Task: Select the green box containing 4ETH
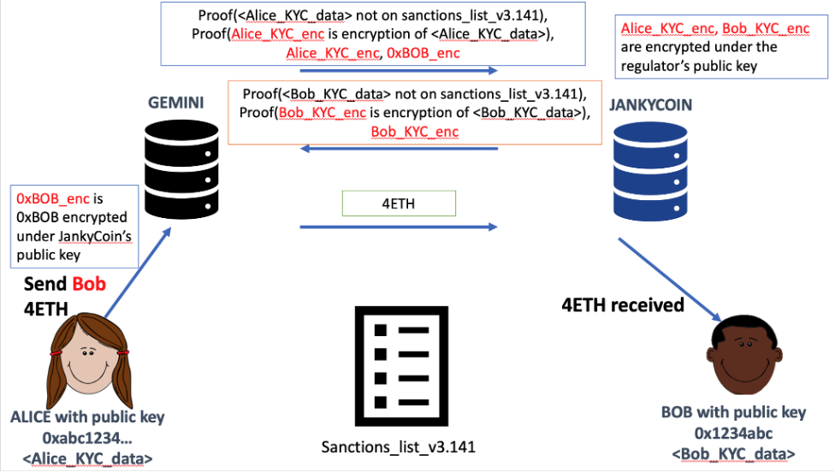tap(399, 203)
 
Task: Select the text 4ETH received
tap(622, 304)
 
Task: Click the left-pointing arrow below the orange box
tap(398, 150)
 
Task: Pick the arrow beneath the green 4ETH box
tap(398, 227)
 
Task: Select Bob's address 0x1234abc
tap(733, 433)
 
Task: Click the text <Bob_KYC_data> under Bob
tap(733, 452)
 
